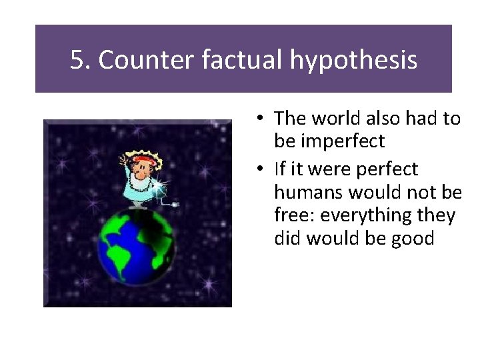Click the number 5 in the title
click(x=78, y=60)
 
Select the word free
click(x=291, y=215)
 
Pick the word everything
click(x=364, y=216)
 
